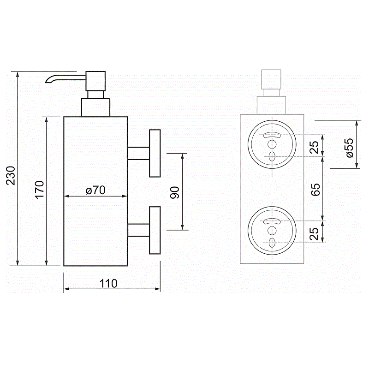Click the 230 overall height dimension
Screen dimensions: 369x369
pyautogui.click(x=11, y=176)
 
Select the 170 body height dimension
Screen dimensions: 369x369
pyautogui.click(x=40, y=190)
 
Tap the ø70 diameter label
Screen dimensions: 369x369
pyautogui.click(x=95, y=190)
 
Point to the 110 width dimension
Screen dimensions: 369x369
pyautogui.click(x=108, y=283)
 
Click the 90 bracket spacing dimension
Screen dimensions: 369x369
pyautogui.click(x=175, y=192)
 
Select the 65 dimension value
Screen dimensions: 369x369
pyautogui.click(x=315, y=190)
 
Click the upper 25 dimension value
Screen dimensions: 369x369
pyautogui.click(x=314, y=147)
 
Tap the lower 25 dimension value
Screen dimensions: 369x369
pyautogui.click(x=314, y=234)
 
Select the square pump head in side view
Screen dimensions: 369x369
pyautogui.click(x=95, y=81)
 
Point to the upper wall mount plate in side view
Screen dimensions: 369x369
pyautogui.click(x=155, y=153)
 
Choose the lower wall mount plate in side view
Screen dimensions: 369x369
pyautogui.click(x=155, y=230)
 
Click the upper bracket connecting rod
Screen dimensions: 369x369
pyautogui.click(x=138, y=153)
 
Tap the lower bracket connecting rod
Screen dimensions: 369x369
pyautogui.click(x=138, y=230)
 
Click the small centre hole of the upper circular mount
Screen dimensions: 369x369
pyautogui.click(x=272, y=144)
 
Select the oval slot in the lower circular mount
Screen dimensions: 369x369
pyautogui.click(x=272, y=243)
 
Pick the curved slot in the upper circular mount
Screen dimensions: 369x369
pyautogui.click(x=272, y=135)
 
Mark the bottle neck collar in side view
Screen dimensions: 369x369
pyautogui.click(x=95, y=107)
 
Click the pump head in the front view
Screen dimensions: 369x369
pyautogui.click(x=271, y=79)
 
